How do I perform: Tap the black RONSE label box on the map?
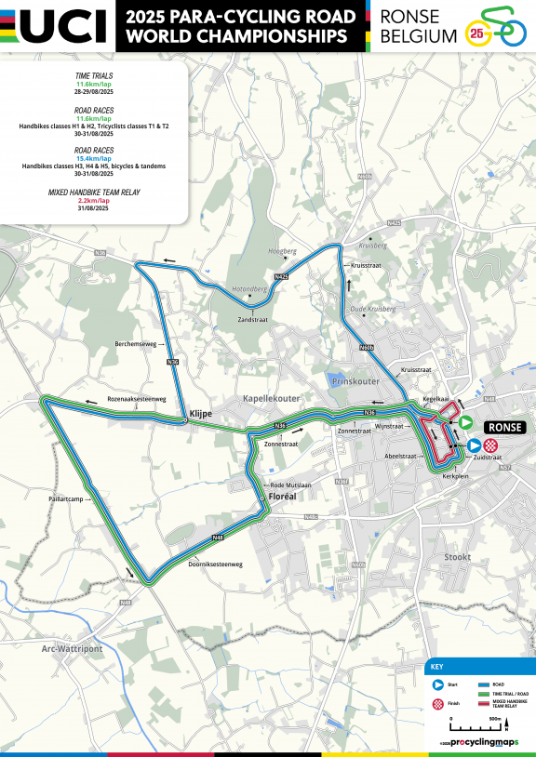(x=504, y=426)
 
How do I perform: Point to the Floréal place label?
(x=281, y=498)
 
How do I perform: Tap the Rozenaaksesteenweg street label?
(x=136, y=399)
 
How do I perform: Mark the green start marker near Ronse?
(x=465, y=423)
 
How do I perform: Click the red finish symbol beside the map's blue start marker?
(x=489, y=445)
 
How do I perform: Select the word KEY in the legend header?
(x=438, y=668)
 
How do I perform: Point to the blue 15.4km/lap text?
(x=93, y=158)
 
